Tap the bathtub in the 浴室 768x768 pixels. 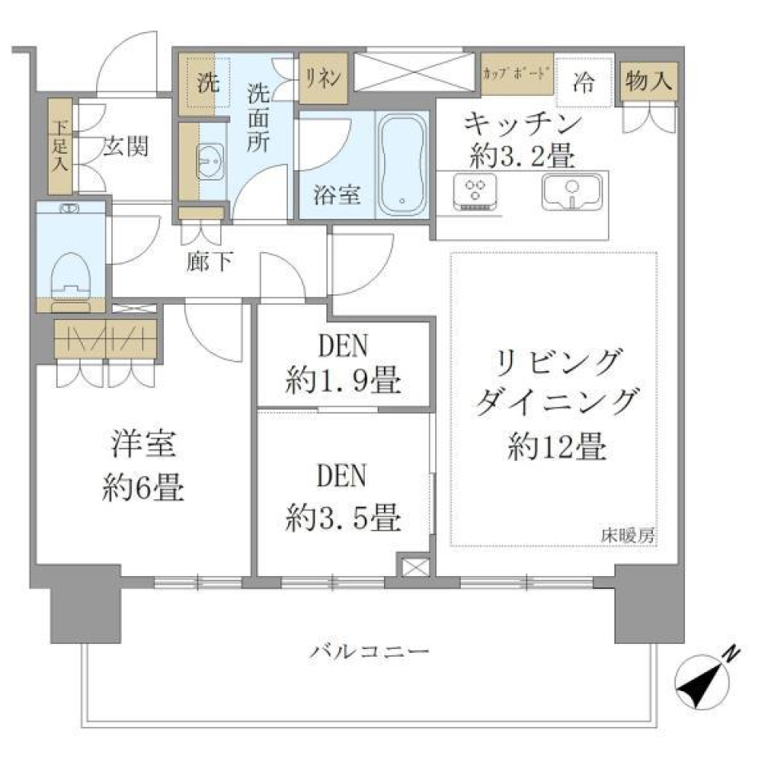[x=403, y=164]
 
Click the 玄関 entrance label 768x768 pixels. [x=126, y=149]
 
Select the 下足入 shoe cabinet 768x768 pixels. [x=60, y=146]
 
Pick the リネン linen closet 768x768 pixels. [x=323, y=78]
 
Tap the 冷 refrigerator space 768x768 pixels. [x=585, y=81]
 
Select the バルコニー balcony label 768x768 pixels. [x=370, y=651]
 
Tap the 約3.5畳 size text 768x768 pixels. [x=343, y=520]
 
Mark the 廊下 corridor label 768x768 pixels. [x=209, y=262]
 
